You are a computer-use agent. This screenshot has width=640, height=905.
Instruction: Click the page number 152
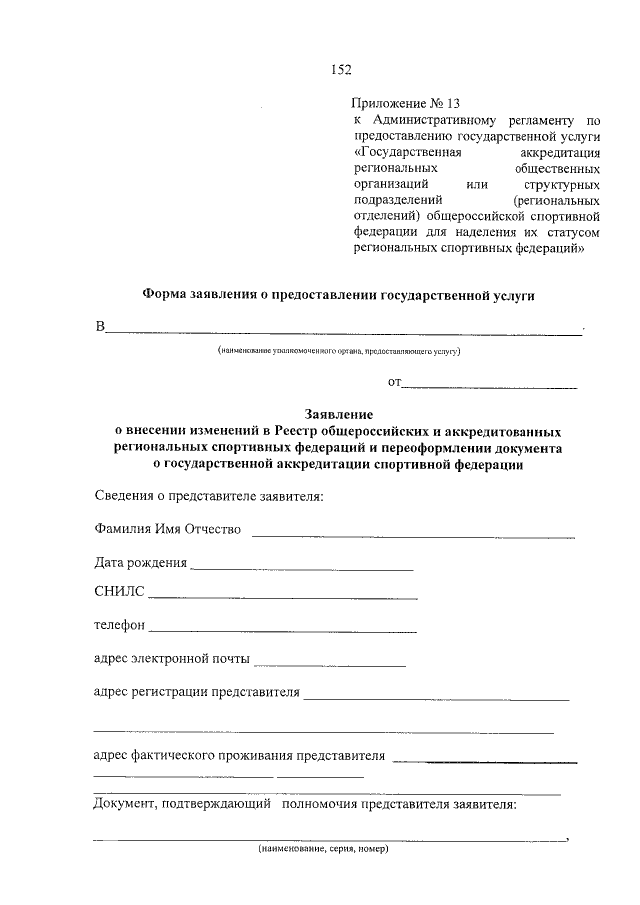(x=341, y=69)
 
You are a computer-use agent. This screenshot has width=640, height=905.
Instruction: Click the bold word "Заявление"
(x=339, y=414)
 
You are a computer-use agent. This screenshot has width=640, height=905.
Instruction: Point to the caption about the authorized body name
(x=340, y=352)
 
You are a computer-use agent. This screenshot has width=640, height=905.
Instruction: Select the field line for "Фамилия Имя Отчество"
(x=413, y=536)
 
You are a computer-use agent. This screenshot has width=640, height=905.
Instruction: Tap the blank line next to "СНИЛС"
(x=282, y=597)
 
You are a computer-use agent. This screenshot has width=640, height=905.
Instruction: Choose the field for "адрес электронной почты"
(x=330, y=665)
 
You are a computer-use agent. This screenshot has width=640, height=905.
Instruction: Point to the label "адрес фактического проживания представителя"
(x=238, y=755)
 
